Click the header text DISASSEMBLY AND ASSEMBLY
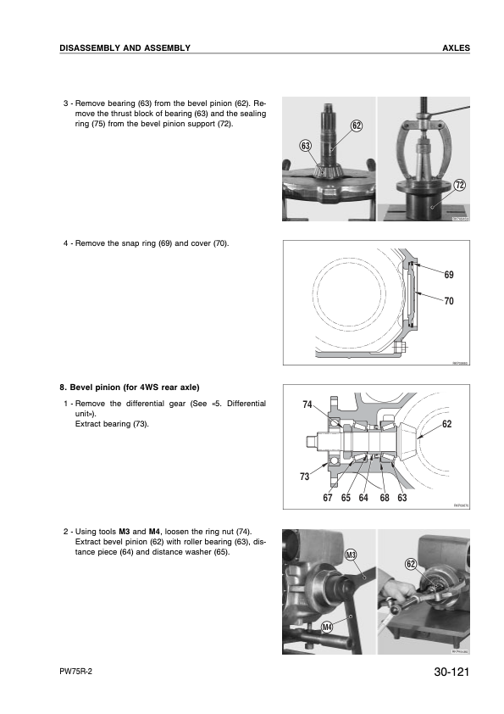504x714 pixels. point(125,47)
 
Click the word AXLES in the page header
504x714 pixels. point(456,47)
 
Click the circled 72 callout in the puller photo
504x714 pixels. point(460,186)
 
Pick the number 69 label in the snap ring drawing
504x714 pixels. point(449,275)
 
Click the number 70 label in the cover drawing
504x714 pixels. point(449,299)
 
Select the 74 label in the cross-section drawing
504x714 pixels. point(307,404)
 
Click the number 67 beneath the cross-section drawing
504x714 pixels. point(328,498)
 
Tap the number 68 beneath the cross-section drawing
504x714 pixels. point(385,498)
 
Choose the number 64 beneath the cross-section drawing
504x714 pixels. point(363,498)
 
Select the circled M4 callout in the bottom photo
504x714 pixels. point(327,627)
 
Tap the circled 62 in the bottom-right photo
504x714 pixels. point(411,564)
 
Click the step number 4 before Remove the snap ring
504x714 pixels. point(66,243)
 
